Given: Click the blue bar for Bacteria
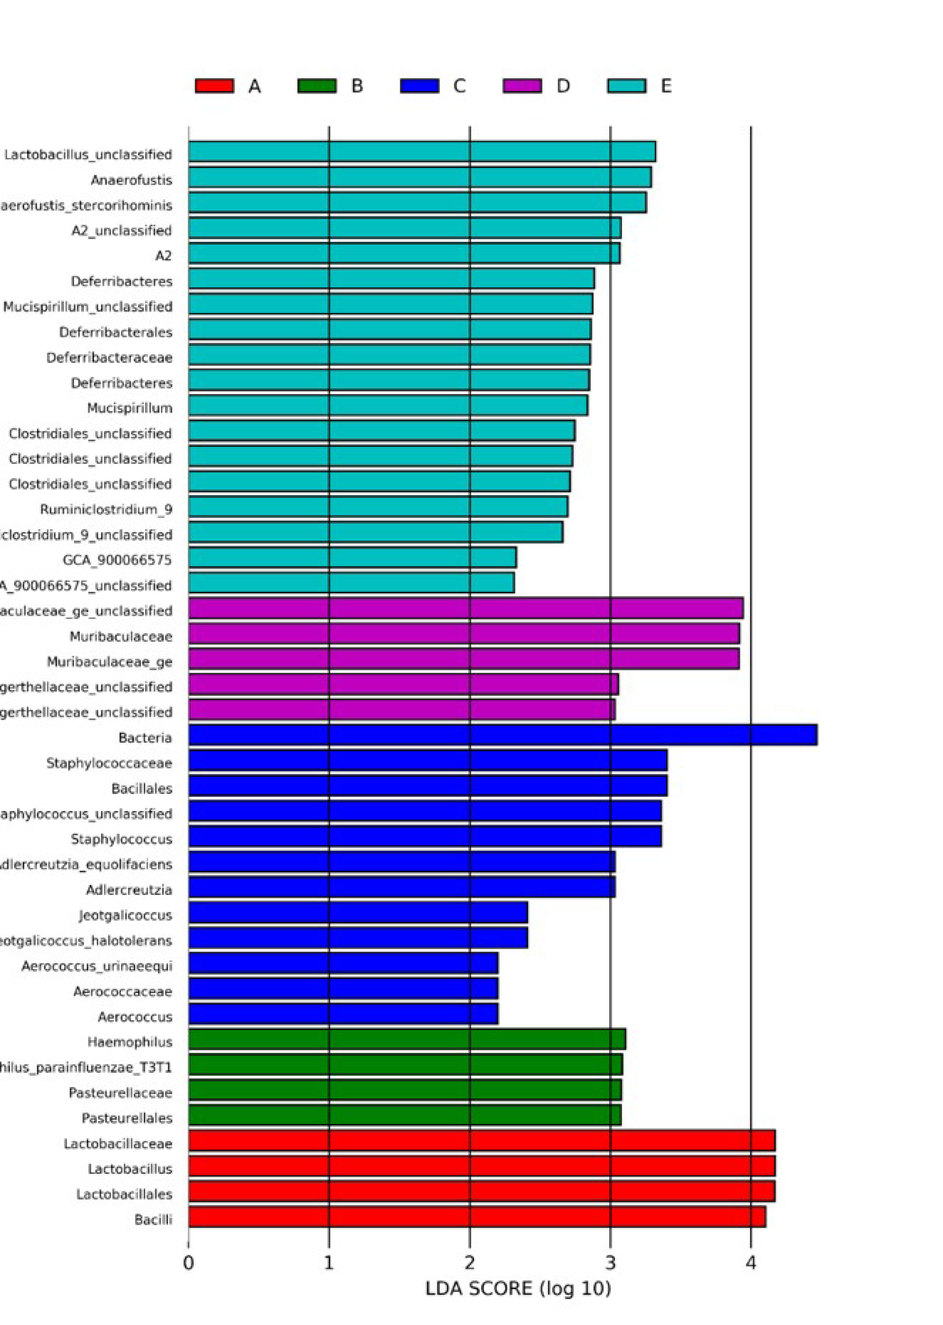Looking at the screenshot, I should point(503,735).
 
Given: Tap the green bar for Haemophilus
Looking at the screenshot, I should point(407,1039).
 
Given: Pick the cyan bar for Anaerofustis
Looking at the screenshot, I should point(420,177).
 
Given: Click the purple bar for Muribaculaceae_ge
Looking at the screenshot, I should point(463,659).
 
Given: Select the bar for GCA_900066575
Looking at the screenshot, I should point(352,558).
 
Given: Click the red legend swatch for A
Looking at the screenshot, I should point(214,86).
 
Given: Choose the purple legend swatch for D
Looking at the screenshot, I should point(522,86).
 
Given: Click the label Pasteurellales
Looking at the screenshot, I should point(127,1118).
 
